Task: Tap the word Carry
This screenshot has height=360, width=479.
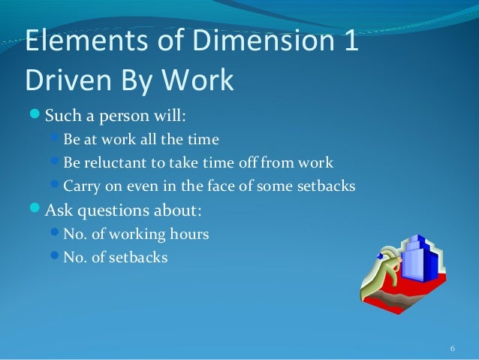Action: [81, 186]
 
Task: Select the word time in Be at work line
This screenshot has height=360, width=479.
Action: [204, 140]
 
